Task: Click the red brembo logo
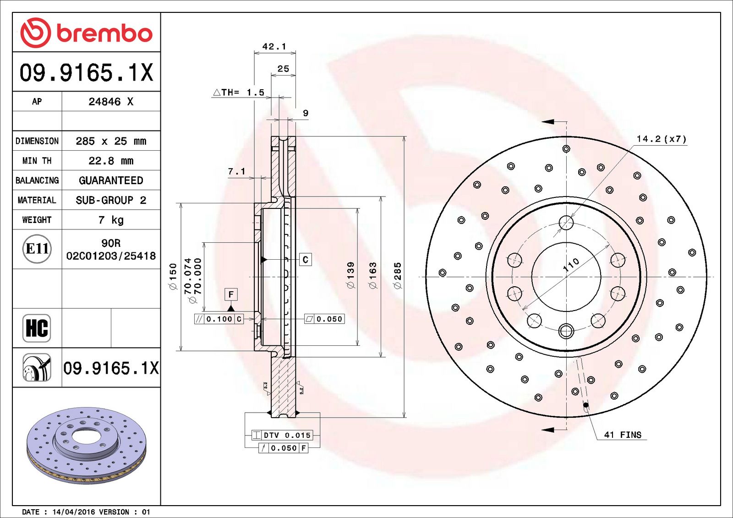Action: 86,33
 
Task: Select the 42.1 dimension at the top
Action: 274,46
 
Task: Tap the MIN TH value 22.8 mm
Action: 111,161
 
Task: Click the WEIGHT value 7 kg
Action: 111,220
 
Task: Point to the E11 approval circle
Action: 37,249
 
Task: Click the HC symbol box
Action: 37,328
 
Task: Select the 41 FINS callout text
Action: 623,435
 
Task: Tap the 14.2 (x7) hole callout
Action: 661,139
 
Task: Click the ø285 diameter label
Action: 397,275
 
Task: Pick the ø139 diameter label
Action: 350,275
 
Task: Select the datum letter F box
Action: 231,294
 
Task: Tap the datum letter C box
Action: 306,260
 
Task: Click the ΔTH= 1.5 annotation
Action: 239,92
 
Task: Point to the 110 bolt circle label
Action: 571,265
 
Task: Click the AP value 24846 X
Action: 111,102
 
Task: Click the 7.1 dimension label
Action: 236,171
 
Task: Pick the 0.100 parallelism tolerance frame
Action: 219,319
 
